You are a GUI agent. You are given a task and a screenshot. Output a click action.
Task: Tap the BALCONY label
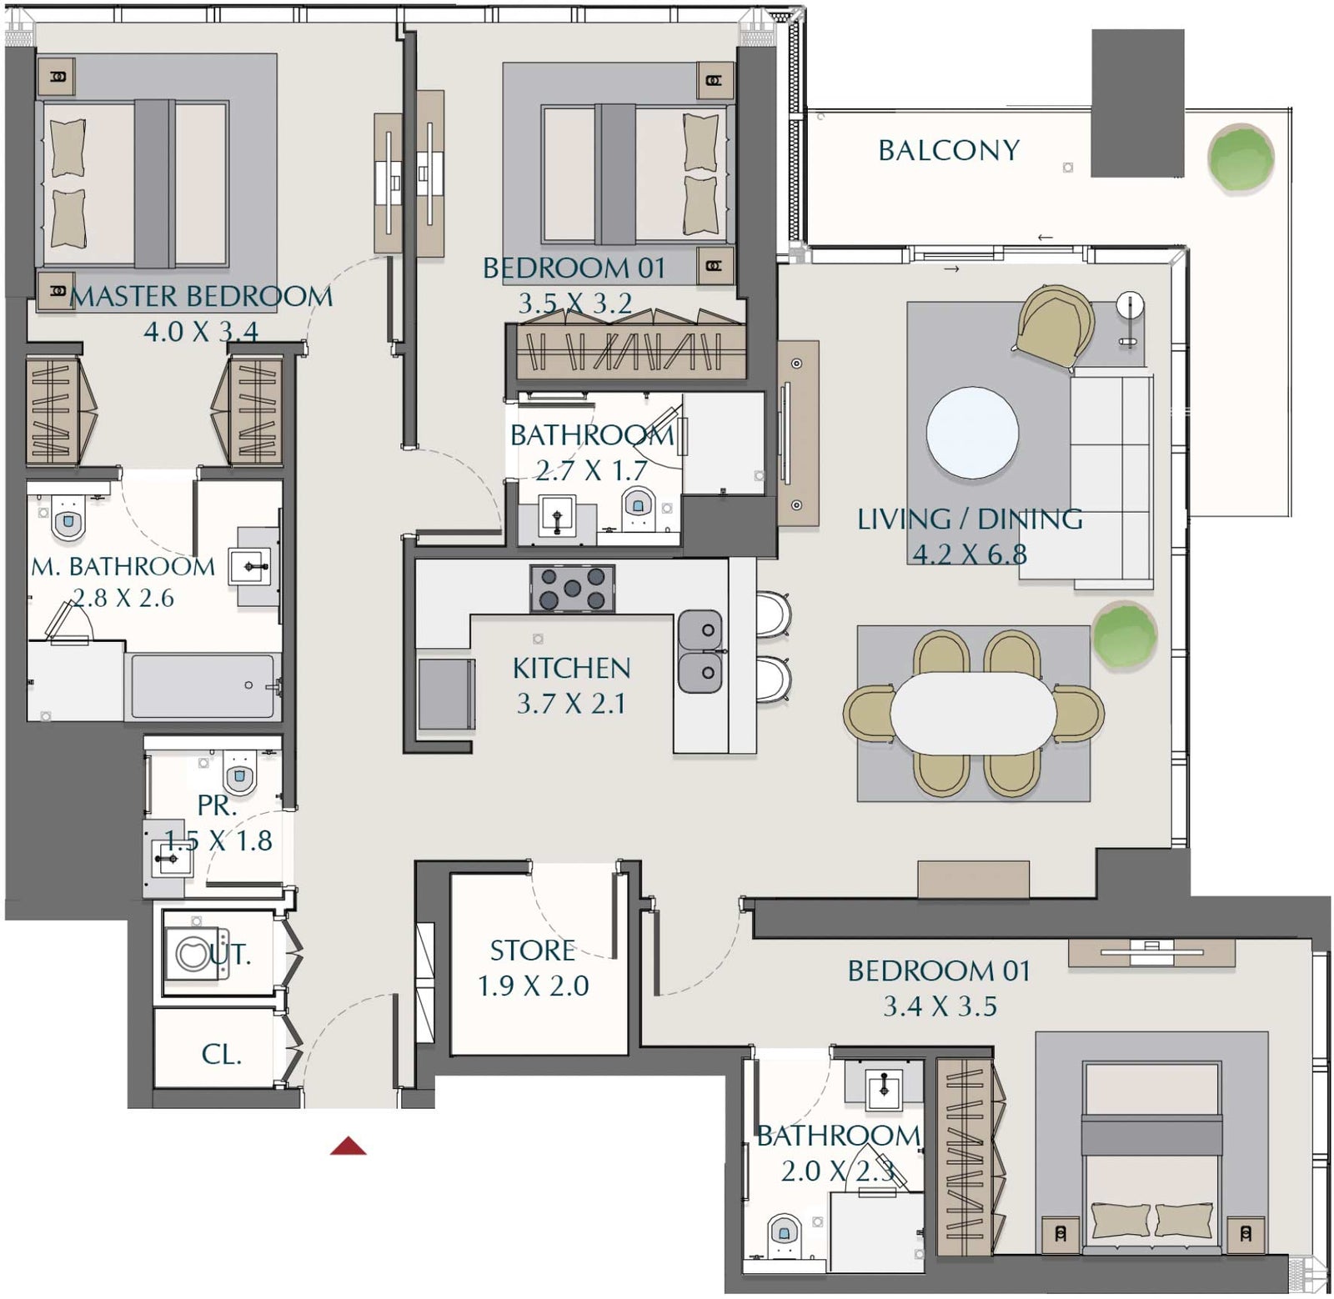[x=949, y=150]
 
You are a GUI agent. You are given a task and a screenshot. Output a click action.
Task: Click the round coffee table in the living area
[x=972, y=433]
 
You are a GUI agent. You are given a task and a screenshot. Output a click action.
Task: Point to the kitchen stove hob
[x=573, y=588]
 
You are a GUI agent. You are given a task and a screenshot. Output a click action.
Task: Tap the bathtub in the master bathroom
[x=202, y=686]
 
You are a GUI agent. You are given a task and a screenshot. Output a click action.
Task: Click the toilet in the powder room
[x=240, y=773]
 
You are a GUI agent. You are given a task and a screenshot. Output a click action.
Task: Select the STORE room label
[x=532, y=950]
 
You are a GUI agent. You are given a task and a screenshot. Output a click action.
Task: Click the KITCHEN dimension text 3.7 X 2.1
[x=571, y=704]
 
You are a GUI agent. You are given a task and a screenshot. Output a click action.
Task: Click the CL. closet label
[x=222, y=1055]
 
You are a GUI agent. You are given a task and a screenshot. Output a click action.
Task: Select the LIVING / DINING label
[x=970, y=519]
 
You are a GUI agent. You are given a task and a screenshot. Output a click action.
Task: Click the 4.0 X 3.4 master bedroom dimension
[x=201, y=332]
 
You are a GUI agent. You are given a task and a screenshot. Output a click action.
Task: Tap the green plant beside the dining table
[x=1124, y=636]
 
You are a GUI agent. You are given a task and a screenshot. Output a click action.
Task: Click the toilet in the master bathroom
[x=68, y=519]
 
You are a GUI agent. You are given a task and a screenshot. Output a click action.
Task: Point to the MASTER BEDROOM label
[x=201, y=296]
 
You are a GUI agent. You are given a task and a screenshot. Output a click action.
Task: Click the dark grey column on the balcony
[x=1137, y=103]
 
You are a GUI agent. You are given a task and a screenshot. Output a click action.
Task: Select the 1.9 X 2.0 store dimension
[x=534, y=986]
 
